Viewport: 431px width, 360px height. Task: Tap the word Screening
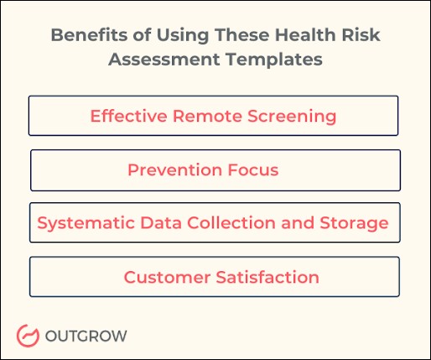coord(293,115)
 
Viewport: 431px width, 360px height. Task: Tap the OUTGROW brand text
coord(86,336)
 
